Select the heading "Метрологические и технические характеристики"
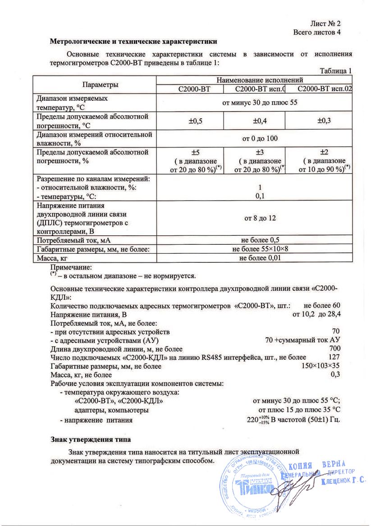coord(133,42)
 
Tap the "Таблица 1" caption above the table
coord(335,71)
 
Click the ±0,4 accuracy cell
coord(254,121)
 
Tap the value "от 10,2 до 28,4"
coord(317,314)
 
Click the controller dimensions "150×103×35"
coord(321,366)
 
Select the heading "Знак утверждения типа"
coord(90,439)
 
